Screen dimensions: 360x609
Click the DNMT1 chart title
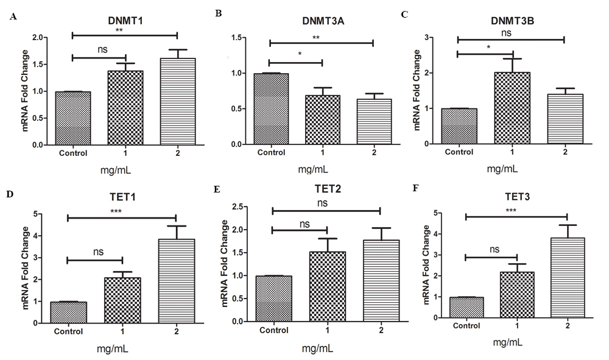(124, 21)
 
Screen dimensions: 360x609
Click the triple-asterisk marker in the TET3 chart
(516, 210)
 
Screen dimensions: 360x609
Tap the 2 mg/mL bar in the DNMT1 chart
(177, 102)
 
